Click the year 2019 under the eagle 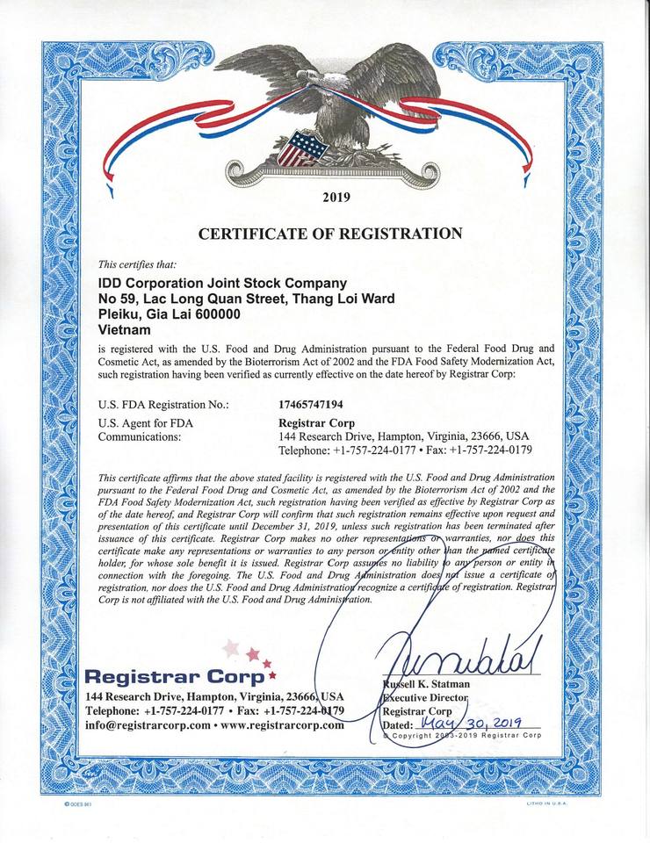tap(336, 197)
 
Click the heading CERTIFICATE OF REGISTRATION tap(330, 234)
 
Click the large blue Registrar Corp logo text tap(174, 677)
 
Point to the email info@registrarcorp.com tap(148, 725)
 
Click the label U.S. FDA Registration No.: tap(164, 405)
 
